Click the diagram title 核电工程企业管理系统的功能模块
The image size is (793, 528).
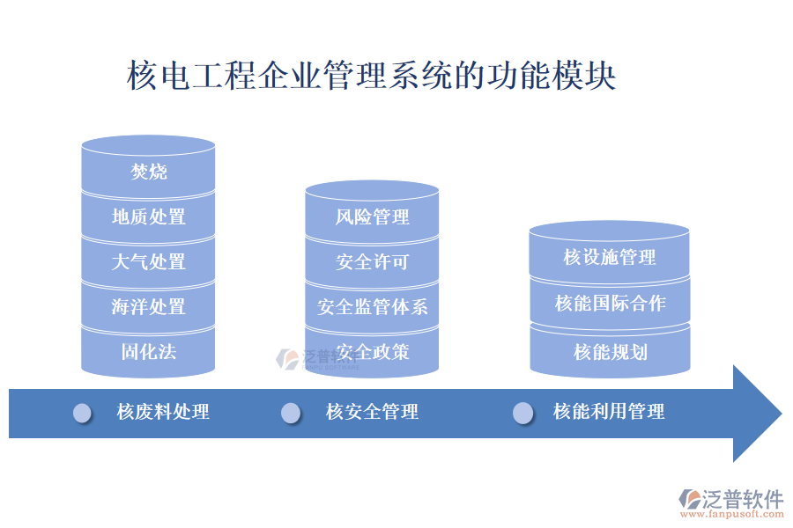pyautogui.click(x=371, y=75)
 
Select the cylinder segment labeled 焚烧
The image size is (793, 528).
pyautogui.click(x=148, y=172)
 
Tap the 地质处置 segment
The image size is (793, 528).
pyautogui.click(x=148, y=216)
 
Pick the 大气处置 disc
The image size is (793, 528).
pyautogui.click(x=148, y=262)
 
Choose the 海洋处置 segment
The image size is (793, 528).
pyautogui.click(x=148, y=307)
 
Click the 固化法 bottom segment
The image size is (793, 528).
pyautogui.click(x=148, y=352)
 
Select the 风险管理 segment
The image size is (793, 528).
pyautogui.click(x=372, y=216)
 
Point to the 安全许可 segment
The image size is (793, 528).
pyautogui.click(x=372, y=262)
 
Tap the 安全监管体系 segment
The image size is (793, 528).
pyautogui.click(x=372, y=307)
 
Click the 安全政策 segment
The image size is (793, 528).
pyautogui.click(x=372, y=352)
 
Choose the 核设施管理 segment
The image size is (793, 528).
pyautogui.click(x=610, y=257)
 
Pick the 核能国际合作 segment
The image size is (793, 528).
pyautogui.click(x=610, y=304)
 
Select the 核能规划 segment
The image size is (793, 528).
pyautogui.click(x=610, y=352)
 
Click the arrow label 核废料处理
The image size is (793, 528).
pyautogui.click(x=163, y=412)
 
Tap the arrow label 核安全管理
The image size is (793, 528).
pyautogui.click(x=372, y=412)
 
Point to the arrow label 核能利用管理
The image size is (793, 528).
pyautogui.click(x=609, y=412)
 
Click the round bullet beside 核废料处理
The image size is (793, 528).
pyautogui.click(x=83, y=413)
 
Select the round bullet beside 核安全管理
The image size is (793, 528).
pyautogui.click(x=291, y=413)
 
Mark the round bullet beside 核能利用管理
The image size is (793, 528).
pyautogui.click(x=523, y=413)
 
